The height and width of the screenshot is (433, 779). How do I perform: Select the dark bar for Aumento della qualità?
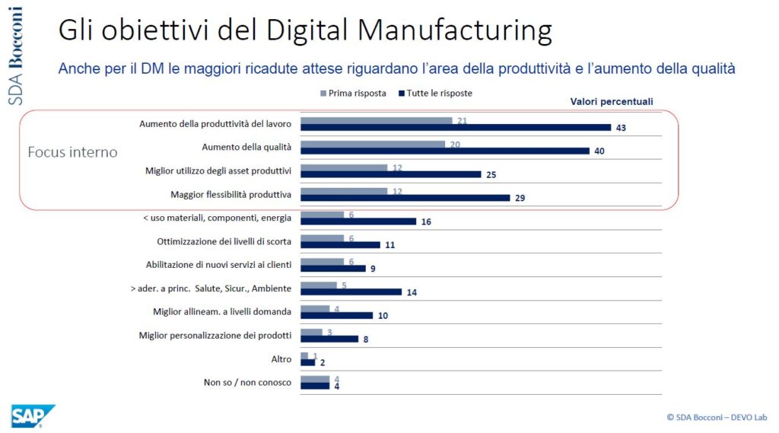[445, 151]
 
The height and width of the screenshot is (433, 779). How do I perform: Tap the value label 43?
[621, 128]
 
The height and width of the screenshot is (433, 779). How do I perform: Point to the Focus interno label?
[72, 152]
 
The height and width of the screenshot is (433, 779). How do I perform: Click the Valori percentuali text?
[612, 101]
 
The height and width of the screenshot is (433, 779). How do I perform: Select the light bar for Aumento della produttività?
[377, 120]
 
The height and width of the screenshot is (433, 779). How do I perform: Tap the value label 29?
[520, 198]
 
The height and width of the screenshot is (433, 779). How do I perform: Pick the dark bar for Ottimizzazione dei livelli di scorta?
[340, 245]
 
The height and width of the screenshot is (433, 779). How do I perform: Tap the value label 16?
[426, 221]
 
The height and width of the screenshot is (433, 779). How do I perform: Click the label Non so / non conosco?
[248, 382]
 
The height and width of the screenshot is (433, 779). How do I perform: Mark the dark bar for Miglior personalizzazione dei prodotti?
[329, 339]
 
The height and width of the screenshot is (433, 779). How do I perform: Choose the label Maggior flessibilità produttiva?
[232, 194]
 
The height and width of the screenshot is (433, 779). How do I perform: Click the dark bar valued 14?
[351, 292]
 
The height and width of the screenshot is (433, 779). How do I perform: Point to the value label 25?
[491, 174]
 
